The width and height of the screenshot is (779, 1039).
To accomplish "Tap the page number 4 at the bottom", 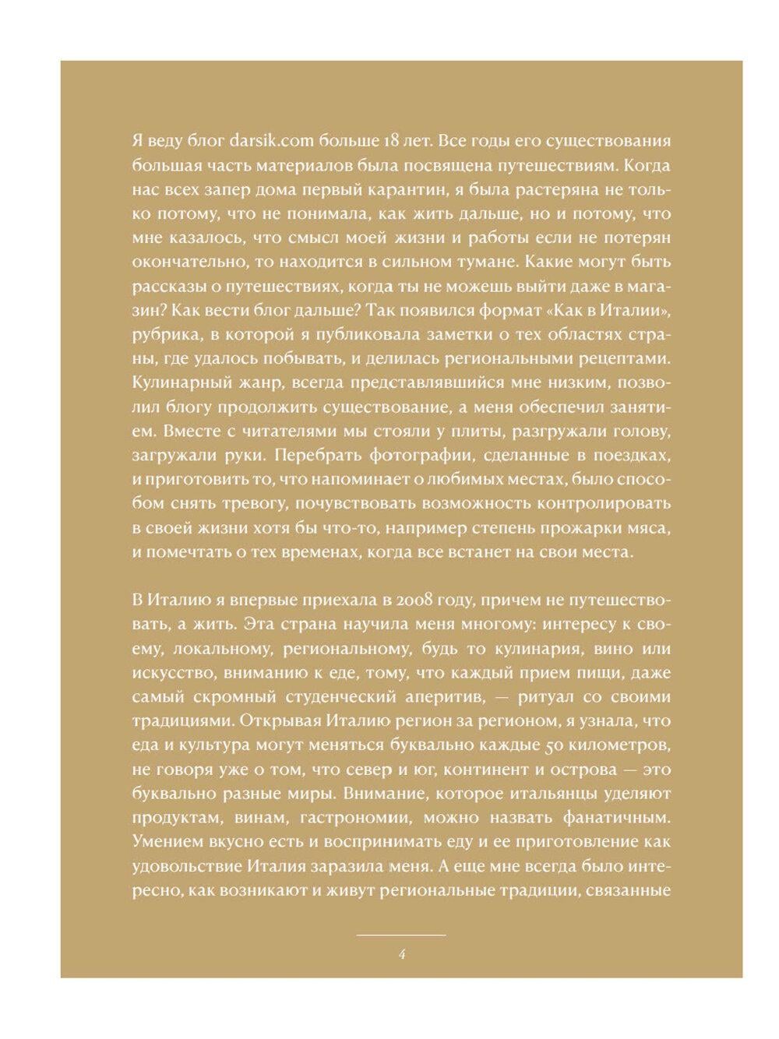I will [402, 954].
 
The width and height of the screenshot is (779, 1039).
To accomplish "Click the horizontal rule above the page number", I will [401, 935].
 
